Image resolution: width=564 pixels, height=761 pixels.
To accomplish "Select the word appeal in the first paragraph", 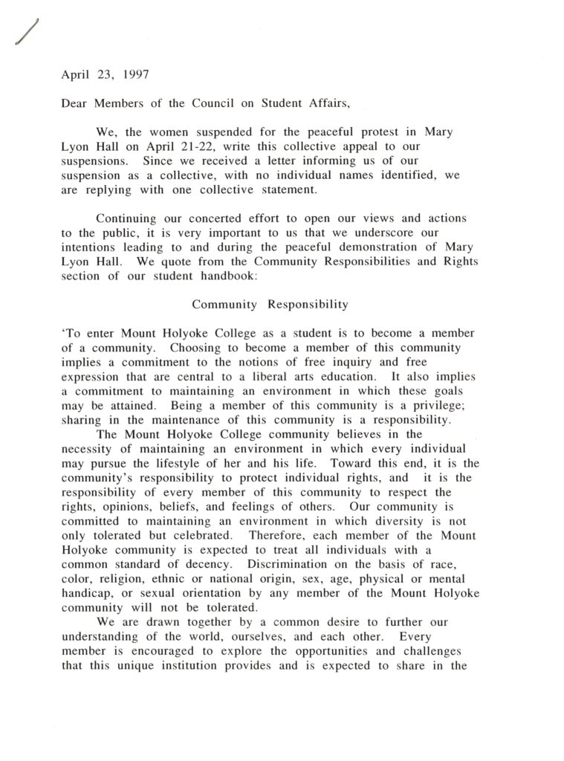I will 331,145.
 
